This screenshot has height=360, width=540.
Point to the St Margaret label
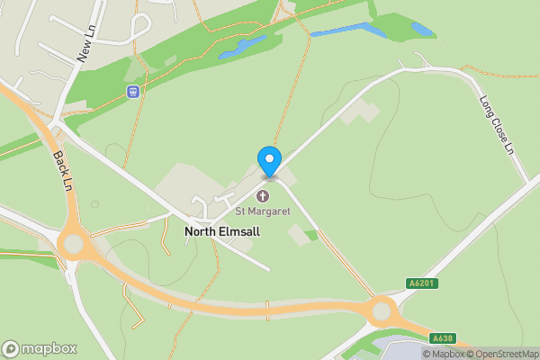click(263, 211)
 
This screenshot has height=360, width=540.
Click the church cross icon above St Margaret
click(263, 196)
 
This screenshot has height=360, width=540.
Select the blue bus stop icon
click(133, 91)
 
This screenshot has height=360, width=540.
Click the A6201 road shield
click(421, 283)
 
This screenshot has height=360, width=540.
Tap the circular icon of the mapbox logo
click(11, 348)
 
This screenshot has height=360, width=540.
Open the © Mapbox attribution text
click(444, 353)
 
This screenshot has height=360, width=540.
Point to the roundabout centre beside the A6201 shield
click(383, 312)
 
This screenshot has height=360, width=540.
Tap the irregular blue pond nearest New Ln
click(241, 47)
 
